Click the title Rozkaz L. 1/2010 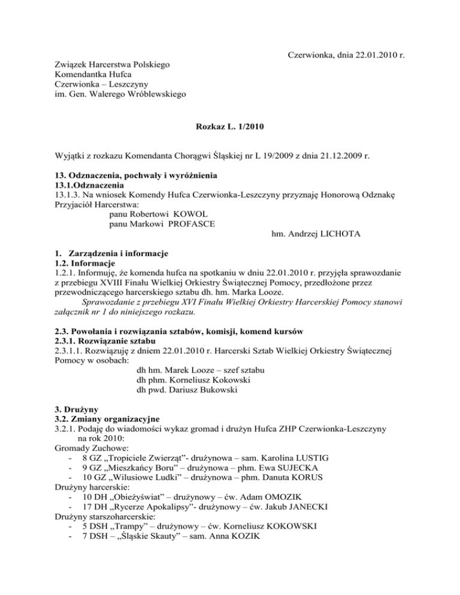(x=230, y=127)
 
